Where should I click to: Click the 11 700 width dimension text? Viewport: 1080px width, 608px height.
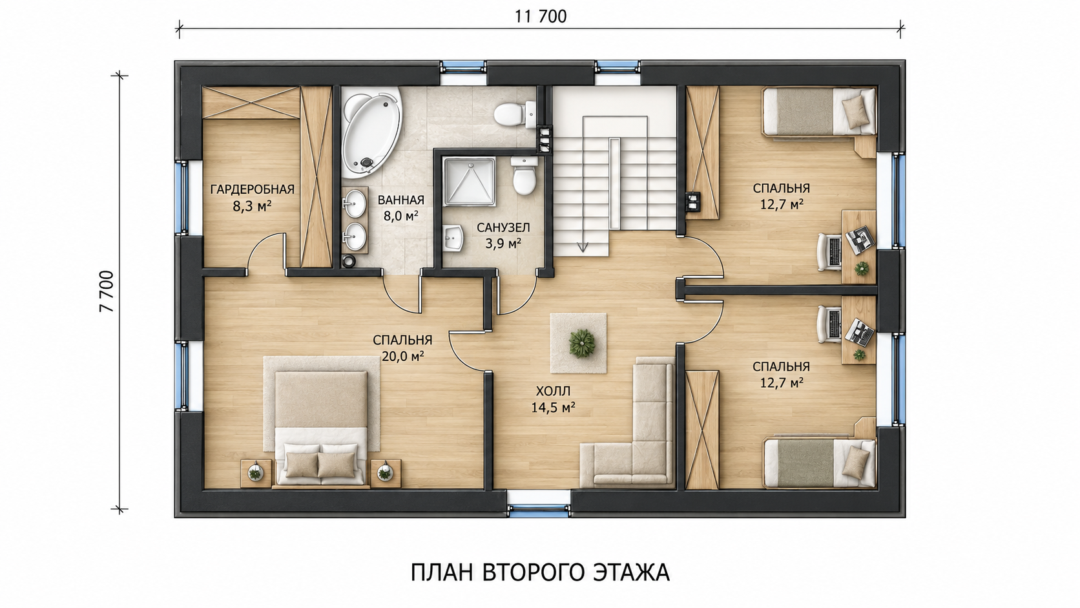coord(541,16)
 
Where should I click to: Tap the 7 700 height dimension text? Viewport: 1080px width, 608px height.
coord(107,291)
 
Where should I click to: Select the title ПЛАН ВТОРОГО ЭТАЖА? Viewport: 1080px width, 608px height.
coord(540,573)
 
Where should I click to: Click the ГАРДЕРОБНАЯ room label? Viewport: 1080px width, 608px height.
coord(252,189)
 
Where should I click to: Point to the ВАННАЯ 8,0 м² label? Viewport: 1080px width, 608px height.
coord(400,208)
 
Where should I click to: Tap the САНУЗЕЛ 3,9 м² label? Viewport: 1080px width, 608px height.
coord(503,235)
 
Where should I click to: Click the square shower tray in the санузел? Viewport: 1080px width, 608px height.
coord(470,182)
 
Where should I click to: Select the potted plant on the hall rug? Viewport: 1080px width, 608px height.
coord(581,343)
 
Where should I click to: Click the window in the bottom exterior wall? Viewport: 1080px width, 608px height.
coord(539,505)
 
